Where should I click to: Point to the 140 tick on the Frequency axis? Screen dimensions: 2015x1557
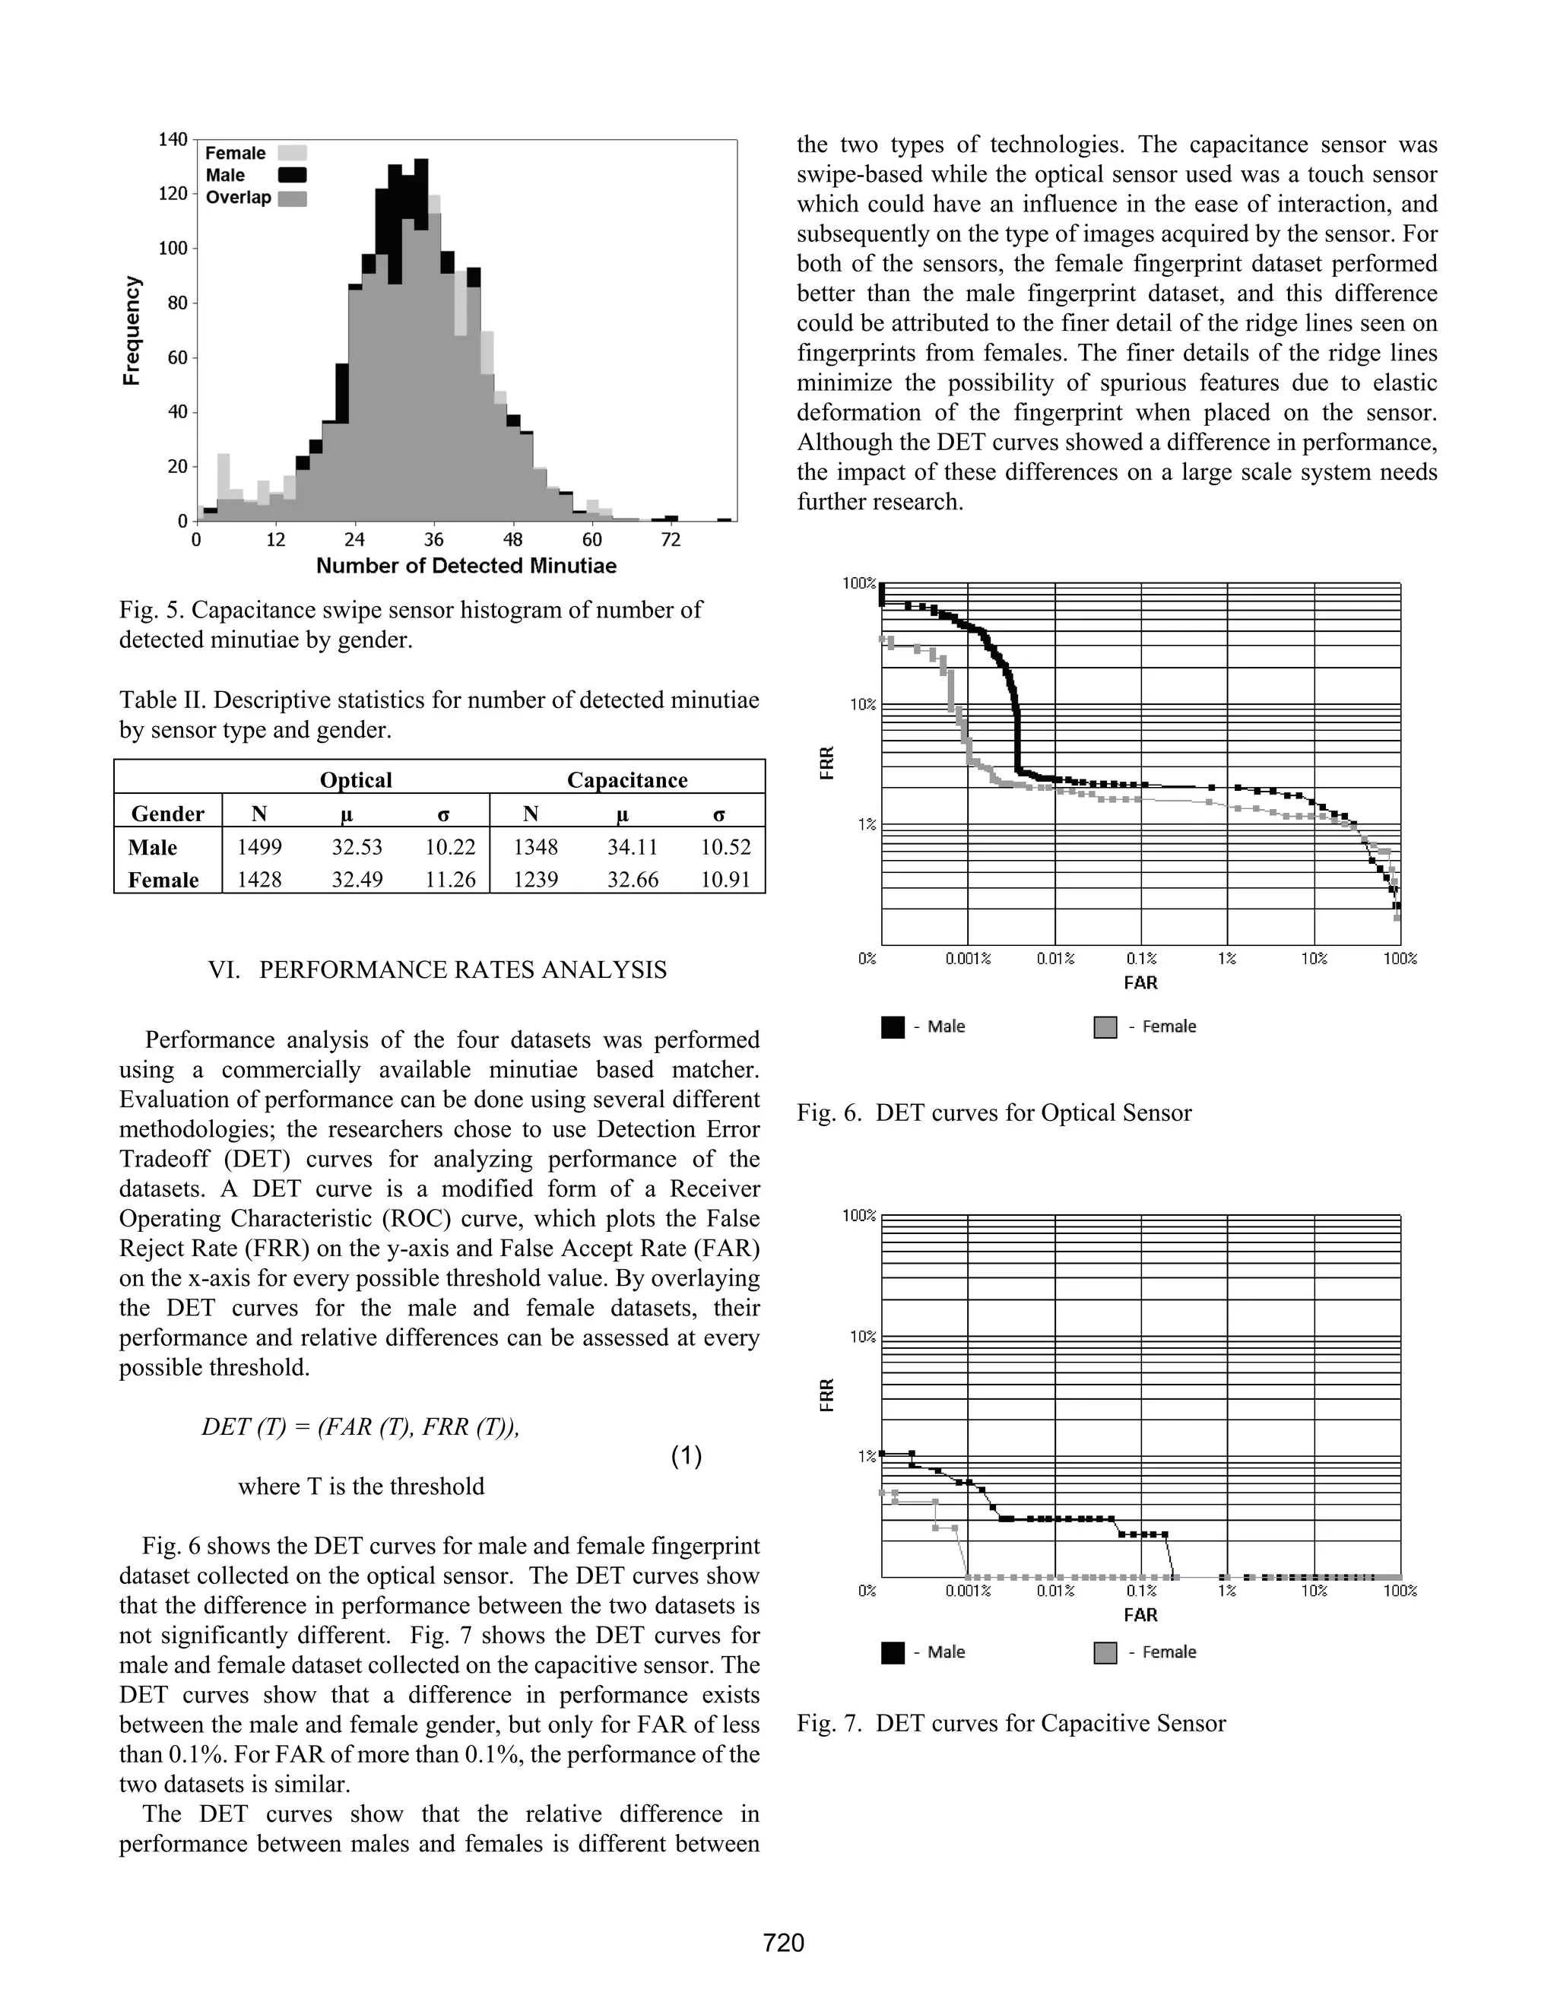tap(173, 139)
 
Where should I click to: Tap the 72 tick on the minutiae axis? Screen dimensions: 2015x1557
tap(671, 540)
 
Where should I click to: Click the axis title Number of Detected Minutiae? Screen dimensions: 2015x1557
tap(466, 566)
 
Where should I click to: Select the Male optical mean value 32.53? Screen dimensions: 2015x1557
tap(357, 847)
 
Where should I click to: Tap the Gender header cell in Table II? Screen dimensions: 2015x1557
tap(167, 814)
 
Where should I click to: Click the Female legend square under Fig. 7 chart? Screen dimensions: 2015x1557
tap(1105, 1652)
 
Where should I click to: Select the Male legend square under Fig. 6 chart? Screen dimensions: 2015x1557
tap(892, 1027)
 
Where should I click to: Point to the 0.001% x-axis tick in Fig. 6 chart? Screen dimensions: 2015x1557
tap(968, 959)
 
